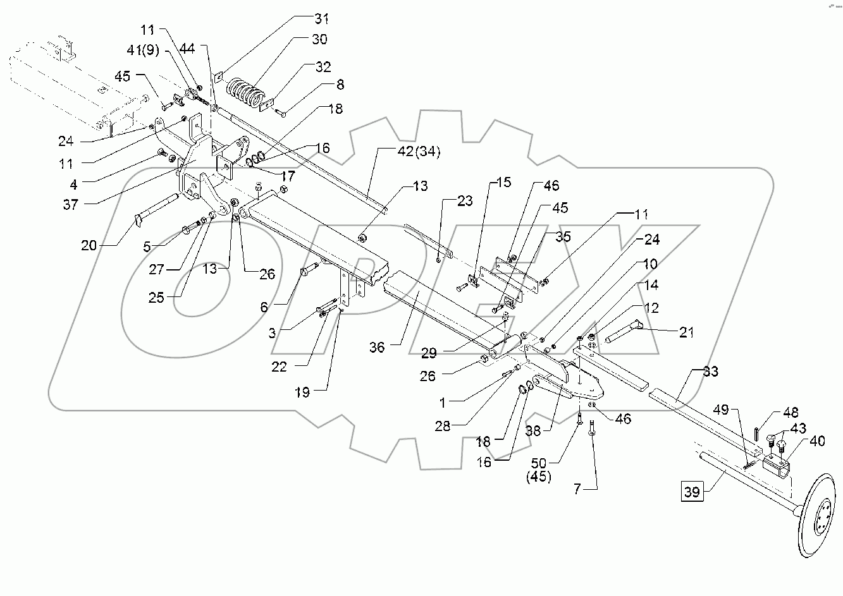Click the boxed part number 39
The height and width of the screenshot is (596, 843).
tap(692, 492)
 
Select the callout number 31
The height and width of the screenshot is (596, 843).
tap(323, 18)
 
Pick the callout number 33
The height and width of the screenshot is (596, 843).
tap(710, 372)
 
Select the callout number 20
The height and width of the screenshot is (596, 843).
tap(89, 245)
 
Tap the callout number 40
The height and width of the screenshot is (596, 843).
tap(817, 442)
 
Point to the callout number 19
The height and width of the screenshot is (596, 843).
tap(302, 392)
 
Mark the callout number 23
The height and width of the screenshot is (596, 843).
tap(465, 202)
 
